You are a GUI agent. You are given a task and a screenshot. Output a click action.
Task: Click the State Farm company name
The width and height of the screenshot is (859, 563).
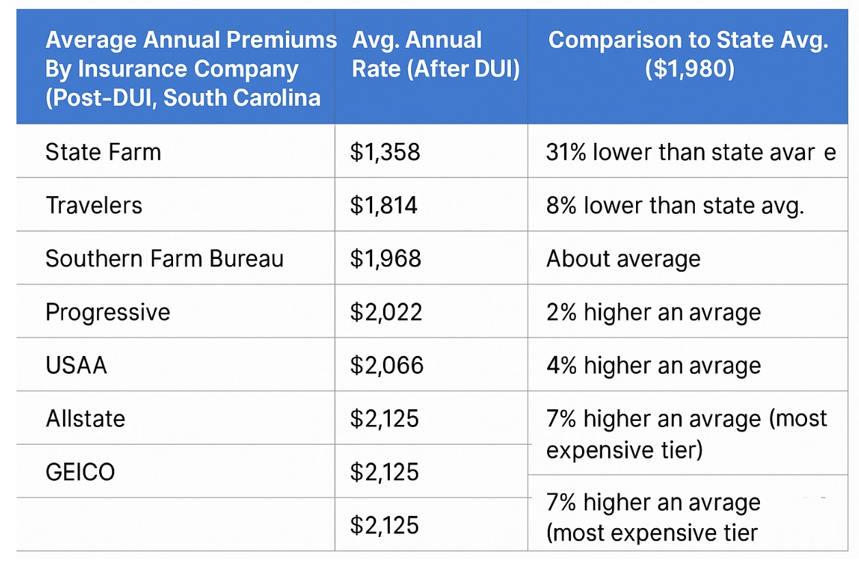point(103,152)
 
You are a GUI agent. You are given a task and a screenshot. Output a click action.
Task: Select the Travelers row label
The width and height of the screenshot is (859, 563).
point(94,205)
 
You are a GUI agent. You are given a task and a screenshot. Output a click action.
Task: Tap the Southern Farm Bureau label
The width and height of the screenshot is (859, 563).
point(164,259)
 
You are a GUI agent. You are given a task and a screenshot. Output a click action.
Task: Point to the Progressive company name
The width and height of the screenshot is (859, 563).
point(107,312)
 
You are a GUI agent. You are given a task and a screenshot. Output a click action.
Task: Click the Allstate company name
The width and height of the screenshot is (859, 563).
point(85,419)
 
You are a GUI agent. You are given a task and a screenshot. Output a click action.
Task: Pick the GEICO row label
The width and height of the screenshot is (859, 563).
point(80,472)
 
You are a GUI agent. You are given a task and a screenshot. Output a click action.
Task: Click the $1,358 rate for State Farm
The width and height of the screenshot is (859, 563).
point(385,152)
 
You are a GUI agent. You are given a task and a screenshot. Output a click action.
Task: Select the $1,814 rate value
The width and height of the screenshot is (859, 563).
point(384,205)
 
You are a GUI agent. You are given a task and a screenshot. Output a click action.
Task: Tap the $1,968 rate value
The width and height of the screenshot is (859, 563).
point(386,259)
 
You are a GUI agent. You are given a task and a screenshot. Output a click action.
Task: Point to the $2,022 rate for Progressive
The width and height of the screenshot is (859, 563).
point(386,312)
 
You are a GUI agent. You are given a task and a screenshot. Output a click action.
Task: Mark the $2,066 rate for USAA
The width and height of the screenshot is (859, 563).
point(387,366)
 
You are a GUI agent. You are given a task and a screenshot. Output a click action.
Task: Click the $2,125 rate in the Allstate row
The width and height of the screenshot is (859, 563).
point(385,419)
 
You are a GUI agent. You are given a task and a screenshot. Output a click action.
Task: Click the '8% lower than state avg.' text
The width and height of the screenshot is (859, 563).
point(675,205)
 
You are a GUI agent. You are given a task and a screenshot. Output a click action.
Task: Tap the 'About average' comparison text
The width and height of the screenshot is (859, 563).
point(623,259)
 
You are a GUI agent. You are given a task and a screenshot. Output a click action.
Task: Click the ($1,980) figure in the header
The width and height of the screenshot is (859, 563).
point(689,70)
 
